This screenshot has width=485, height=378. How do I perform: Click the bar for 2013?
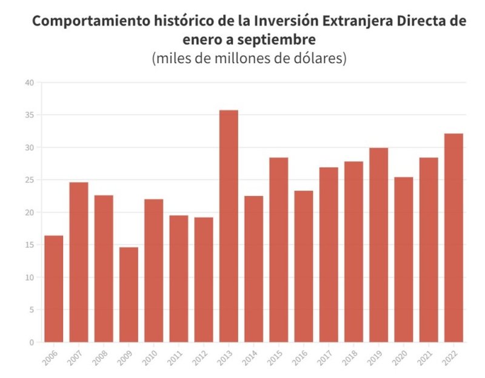(229, 226)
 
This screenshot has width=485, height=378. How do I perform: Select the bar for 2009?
(129, 294)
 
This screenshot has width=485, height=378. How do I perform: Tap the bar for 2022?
(453, 238)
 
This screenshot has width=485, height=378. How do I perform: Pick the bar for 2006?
(54, 289)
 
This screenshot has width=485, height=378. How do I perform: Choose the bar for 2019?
(378, 245)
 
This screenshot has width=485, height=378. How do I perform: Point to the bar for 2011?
(179, 278)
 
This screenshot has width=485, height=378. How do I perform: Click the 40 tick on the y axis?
(30, 83)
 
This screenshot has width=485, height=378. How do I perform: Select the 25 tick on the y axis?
(30, 180)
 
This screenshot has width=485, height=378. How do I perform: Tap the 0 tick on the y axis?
(32, 342)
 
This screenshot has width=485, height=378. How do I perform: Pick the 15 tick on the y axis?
(30, 245)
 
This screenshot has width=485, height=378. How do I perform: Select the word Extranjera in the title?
(326, 21)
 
